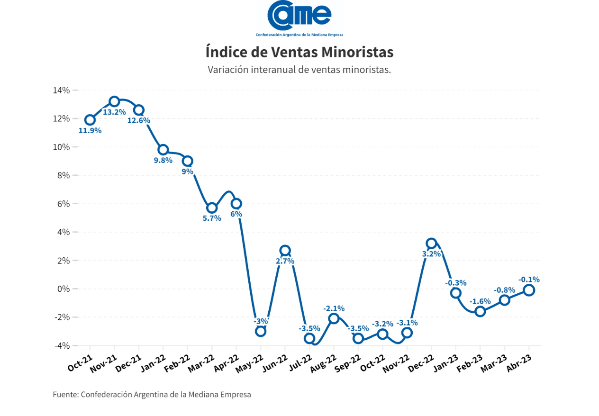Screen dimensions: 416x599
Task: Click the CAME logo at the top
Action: (299, 18)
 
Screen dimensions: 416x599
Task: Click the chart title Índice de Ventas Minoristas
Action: (299, 52)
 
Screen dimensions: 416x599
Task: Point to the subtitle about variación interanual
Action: (299, 70)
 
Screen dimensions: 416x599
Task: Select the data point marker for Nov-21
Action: (114, 101)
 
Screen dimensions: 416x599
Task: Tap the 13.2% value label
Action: (114, 112)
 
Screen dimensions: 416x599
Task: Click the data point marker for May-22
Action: (260, 331)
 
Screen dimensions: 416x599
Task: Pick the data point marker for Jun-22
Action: (285, 251)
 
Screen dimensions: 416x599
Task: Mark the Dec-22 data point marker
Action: (431, 244)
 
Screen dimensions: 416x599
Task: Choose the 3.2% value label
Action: (431, 254)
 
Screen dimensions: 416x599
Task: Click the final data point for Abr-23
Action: (529, 290)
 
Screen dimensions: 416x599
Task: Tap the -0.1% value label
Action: (529, 280)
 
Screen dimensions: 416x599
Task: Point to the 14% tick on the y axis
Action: (62, 90)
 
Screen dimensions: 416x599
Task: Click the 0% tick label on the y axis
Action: (64, 289)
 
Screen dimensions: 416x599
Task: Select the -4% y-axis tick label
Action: (62, 345)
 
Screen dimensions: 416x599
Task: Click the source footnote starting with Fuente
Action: (152, 394)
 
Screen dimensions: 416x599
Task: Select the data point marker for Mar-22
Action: (212, 208)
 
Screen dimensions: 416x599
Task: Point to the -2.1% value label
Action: (334, 308)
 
